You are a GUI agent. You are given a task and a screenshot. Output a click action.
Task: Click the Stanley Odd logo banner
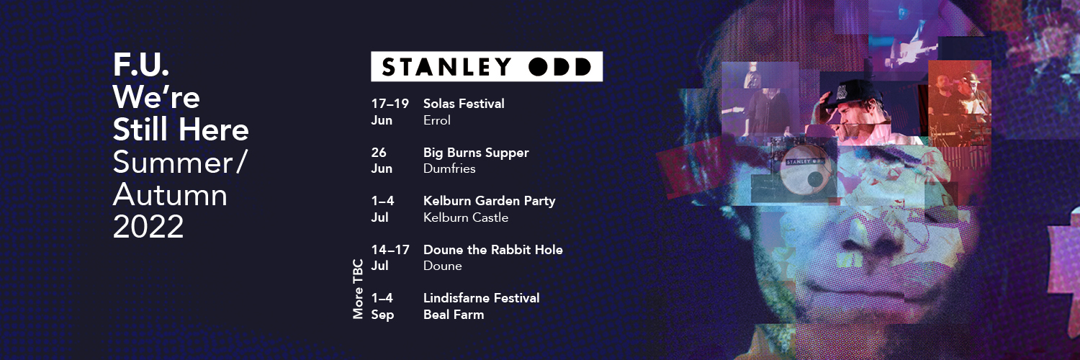486,67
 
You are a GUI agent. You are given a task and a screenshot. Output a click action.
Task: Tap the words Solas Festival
464,104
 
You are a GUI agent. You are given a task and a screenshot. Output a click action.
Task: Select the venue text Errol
437,120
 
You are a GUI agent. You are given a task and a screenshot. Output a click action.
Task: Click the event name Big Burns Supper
476,153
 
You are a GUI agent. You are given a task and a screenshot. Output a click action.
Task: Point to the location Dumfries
449,168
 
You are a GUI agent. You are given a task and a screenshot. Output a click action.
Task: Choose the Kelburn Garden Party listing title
489,201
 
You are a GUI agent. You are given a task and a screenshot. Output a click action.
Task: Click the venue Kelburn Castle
466,217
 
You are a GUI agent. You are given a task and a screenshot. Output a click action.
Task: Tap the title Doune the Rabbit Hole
492,250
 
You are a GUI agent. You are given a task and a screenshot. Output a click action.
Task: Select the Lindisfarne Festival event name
481,298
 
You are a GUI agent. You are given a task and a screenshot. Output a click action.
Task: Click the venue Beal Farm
454,315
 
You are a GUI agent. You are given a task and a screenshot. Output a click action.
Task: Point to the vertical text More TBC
358,289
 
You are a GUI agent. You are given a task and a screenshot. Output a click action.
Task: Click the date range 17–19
390,104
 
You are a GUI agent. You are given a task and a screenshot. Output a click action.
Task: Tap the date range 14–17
390,250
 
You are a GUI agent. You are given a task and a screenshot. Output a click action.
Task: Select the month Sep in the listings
382,315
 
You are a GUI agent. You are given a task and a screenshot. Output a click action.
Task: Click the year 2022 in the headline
148,227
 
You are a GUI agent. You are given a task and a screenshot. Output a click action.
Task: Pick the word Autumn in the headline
170,195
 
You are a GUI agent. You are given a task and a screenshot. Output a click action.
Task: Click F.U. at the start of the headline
141,66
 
